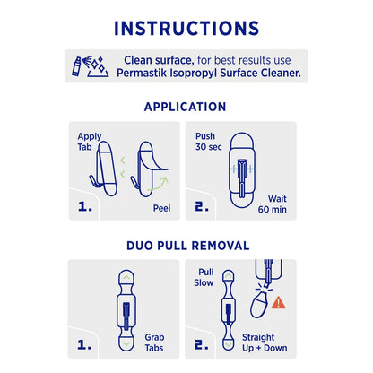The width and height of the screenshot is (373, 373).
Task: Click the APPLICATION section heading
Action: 186,107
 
